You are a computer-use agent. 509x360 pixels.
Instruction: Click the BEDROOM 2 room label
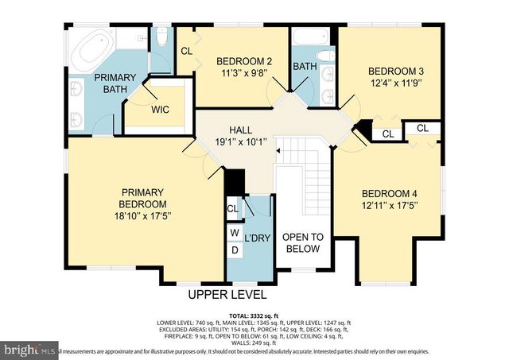pyautogui.click(x=244, y=61)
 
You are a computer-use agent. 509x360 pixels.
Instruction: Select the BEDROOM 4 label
pyautogui.click(x=389, y=193)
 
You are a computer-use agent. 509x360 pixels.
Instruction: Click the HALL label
pyautogui.click(x=241, y=130)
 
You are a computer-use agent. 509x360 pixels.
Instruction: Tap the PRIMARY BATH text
pyautogui.click(x=115, y=83)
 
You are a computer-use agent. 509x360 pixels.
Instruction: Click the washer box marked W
pyautogui.click(x=234, y=233)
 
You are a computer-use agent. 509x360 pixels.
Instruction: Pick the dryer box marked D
pyautogui.click(x=234, y=250)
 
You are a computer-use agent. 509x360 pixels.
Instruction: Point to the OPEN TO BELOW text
pyautogui.click(x=301, y=242)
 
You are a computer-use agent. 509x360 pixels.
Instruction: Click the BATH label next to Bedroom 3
pyautogui.click(x=305, y=66)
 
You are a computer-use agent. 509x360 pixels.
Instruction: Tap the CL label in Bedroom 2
pyautogui.click(x=186, y=51)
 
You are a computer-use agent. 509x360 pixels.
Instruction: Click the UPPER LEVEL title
pyautogui.click(x=227, y=294)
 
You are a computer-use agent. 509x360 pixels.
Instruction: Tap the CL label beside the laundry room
pyautogui.click(x=232, y=209)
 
